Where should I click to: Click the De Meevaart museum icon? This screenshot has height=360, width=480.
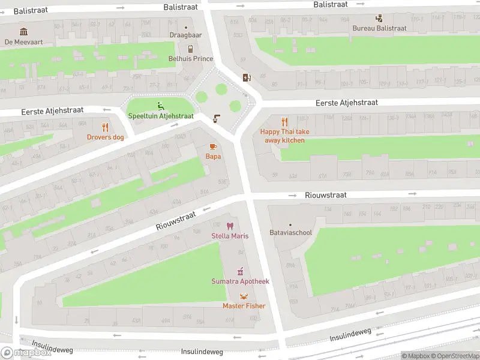(23, 32)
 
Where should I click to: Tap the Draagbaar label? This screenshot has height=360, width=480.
(185, 35)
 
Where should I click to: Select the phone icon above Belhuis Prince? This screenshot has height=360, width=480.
(190, 49)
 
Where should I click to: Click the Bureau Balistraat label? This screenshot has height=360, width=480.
(379, 28)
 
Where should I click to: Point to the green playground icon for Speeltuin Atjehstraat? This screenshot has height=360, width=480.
(160, 106)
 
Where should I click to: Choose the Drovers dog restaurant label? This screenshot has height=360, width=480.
(105, 137)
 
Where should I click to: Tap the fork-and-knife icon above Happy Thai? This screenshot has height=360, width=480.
(285, 122)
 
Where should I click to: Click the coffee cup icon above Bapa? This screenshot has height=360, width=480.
(213, 147)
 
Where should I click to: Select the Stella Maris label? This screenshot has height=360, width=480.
(230, 236)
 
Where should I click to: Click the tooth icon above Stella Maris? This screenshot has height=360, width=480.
(230, 226)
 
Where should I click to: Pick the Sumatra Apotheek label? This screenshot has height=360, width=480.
(240, 281)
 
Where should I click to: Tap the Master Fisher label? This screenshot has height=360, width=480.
(244, 306)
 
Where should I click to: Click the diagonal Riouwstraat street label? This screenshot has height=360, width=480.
(176, 222)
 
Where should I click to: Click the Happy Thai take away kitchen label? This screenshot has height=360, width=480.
(284, 136)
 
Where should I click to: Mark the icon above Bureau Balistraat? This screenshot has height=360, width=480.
(379, 19)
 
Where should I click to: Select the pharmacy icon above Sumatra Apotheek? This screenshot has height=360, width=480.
(240, 271)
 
